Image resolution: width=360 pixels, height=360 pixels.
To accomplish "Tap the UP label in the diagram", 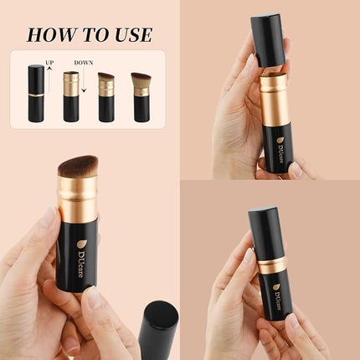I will click(50, 63).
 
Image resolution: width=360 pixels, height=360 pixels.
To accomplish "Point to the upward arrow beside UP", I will click(49, 81).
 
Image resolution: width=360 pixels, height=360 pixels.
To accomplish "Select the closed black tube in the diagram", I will click(36, 94).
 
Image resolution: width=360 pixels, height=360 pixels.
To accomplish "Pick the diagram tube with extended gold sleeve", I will click(71, 96).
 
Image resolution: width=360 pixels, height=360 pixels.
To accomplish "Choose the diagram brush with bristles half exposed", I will click(106, 97).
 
